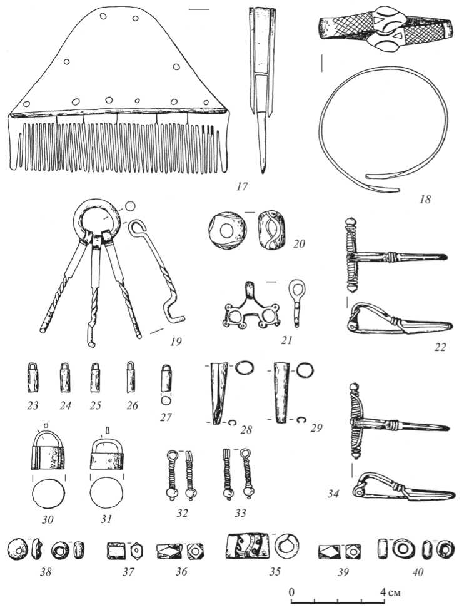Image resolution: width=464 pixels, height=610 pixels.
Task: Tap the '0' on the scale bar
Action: [x=292, y=591]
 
